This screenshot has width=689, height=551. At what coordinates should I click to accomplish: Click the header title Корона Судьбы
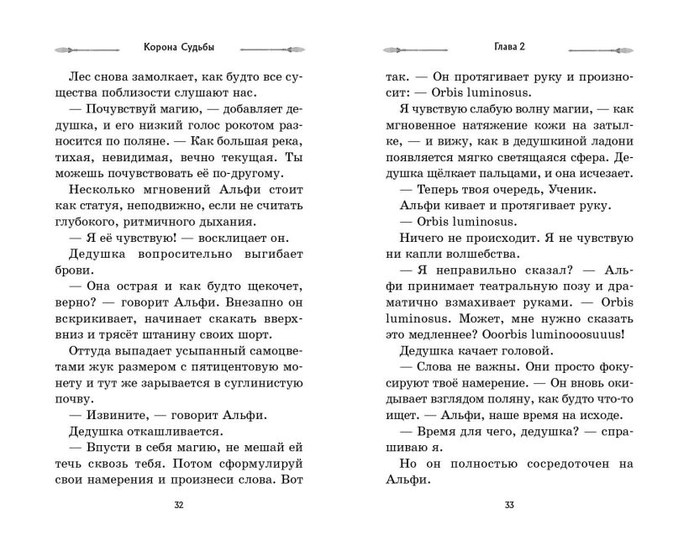click(178, 47)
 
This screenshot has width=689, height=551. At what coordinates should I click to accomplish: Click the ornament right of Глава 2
click(598, 48)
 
